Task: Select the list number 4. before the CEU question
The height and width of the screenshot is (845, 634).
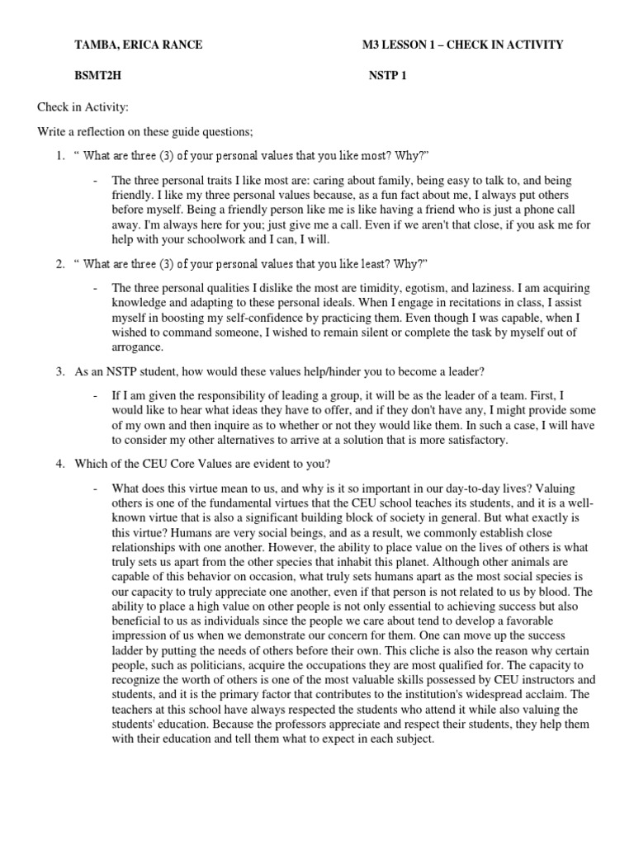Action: pyautogui.click(x=60, y=463)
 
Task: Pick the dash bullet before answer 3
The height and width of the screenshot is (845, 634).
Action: pyautogui.click(x=96, y=396)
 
